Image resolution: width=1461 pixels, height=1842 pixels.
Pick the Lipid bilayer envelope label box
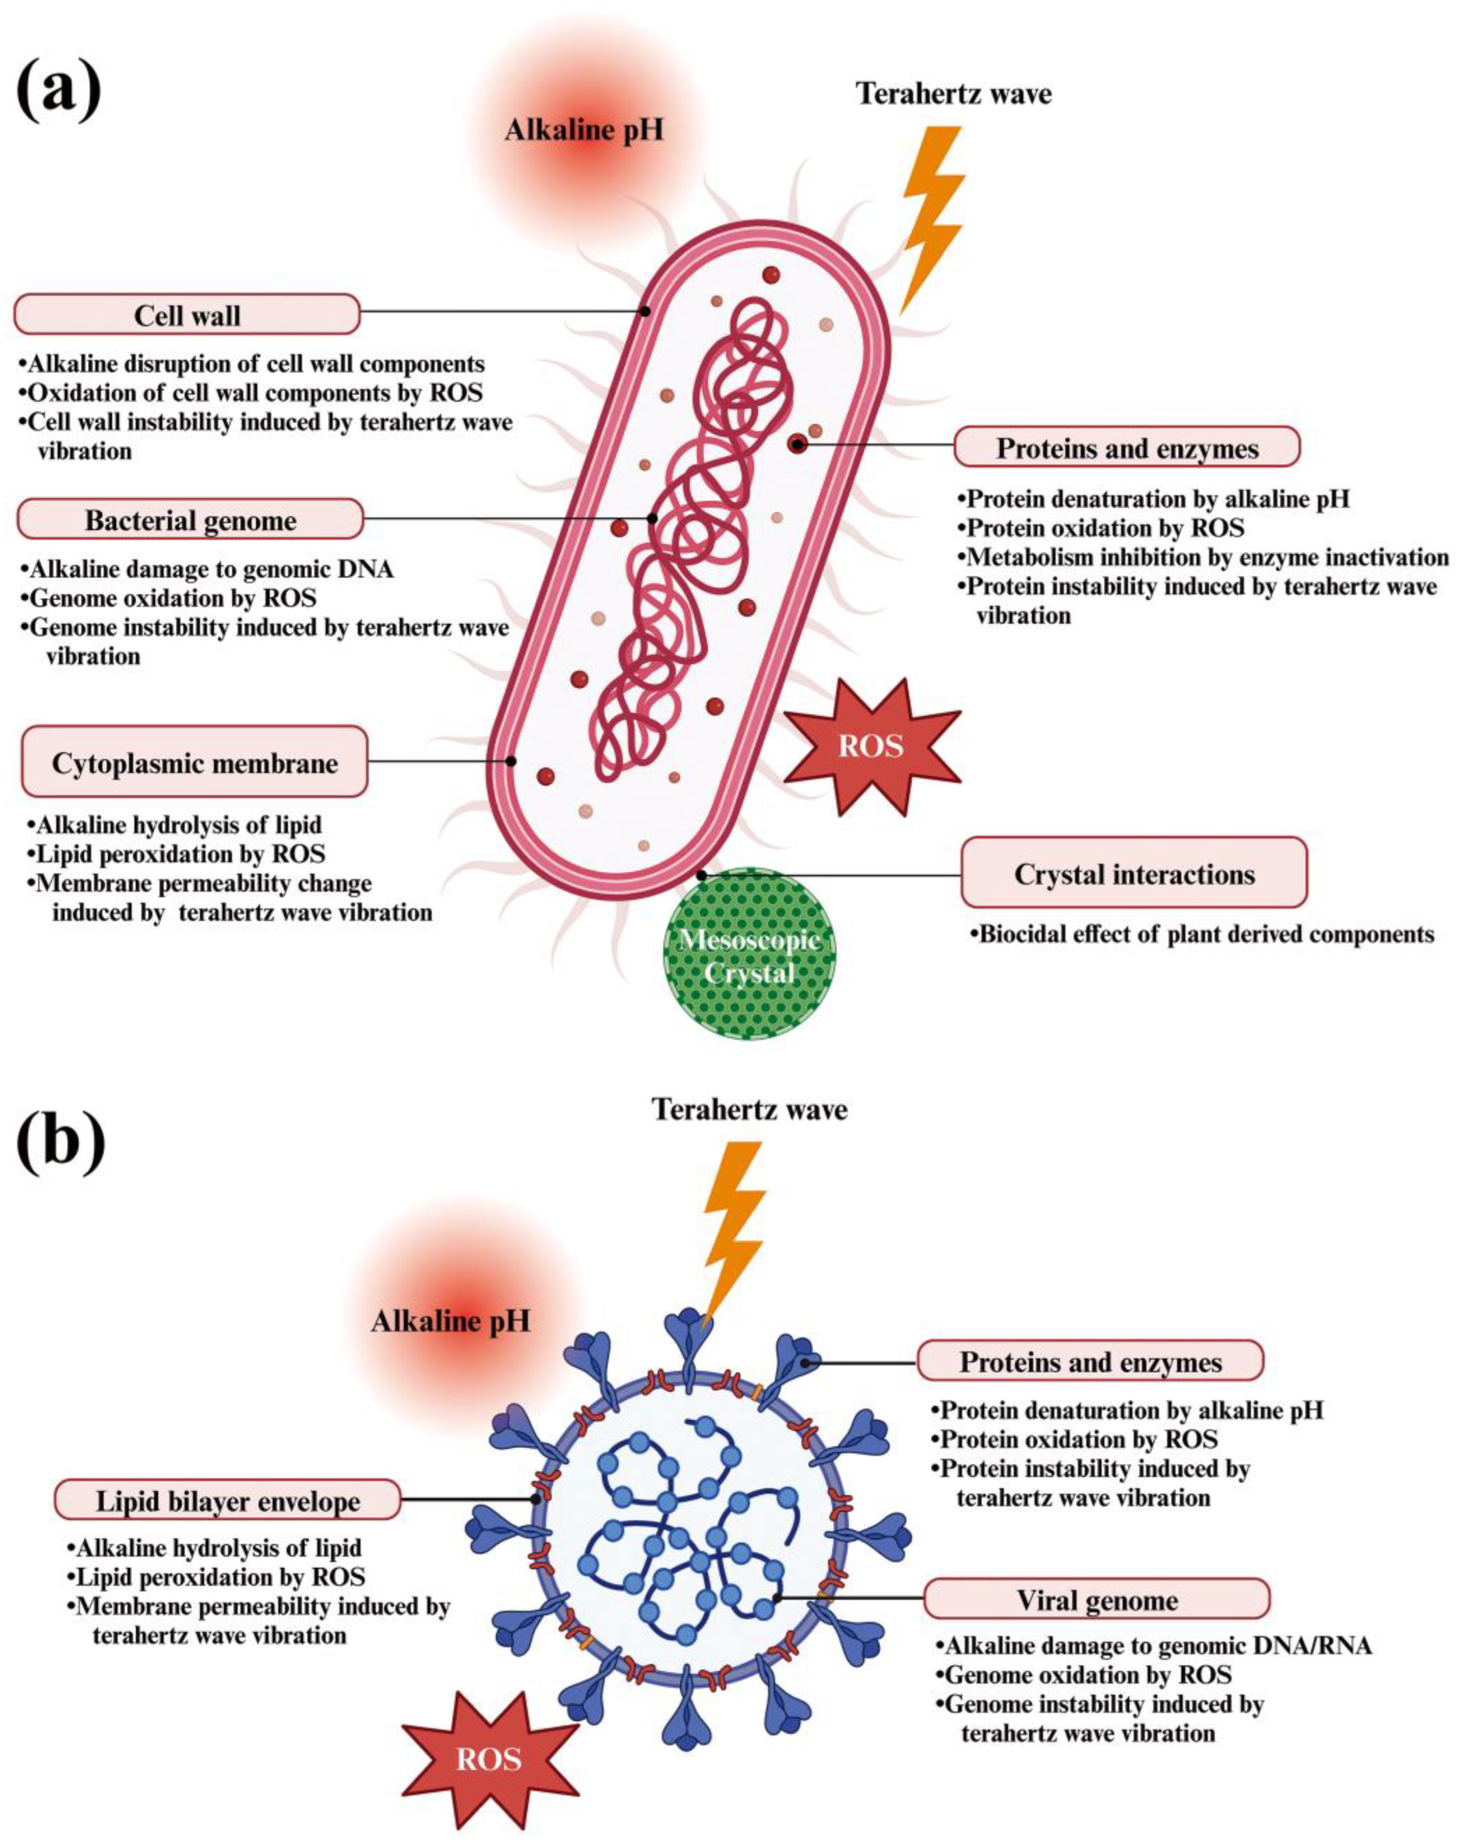pyautogui.click(x=227, y=1501)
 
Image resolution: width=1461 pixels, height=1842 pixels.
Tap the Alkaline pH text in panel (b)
pyautogui.click(x=450, y=1322)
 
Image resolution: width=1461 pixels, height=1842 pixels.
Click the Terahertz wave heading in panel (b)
pyautogui.click(x=749, y=1109)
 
